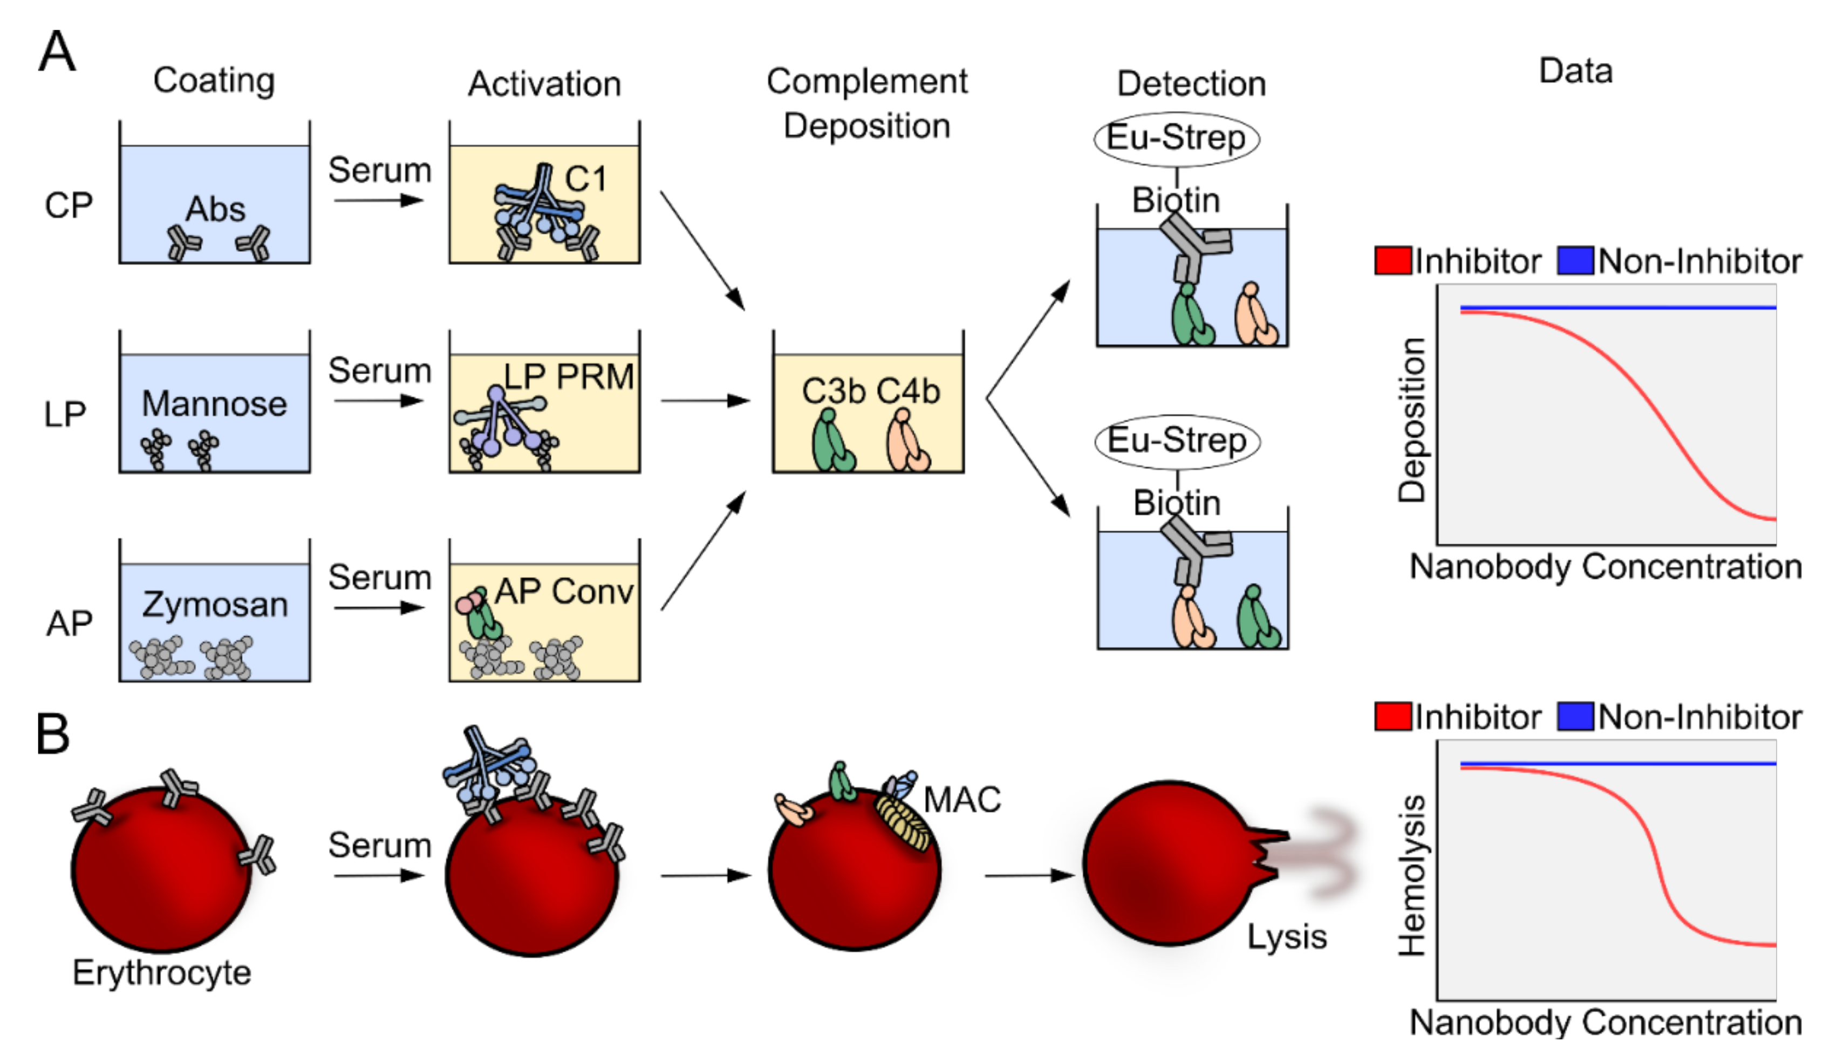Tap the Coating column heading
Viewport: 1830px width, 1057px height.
214,80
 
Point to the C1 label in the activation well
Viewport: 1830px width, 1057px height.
585,179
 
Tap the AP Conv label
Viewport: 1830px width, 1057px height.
564,591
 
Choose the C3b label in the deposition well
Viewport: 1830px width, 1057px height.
834,392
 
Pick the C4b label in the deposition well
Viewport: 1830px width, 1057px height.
908,392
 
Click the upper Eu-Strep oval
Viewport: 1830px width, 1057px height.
1177,138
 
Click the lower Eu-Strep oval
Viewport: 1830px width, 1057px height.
1177,441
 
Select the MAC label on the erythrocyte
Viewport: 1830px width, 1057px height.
962,800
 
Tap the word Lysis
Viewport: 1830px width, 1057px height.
1287,937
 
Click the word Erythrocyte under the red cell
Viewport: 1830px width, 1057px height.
162,973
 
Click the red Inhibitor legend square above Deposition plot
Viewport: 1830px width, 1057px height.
1393,260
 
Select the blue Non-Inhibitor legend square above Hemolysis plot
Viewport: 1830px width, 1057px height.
1576,717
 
